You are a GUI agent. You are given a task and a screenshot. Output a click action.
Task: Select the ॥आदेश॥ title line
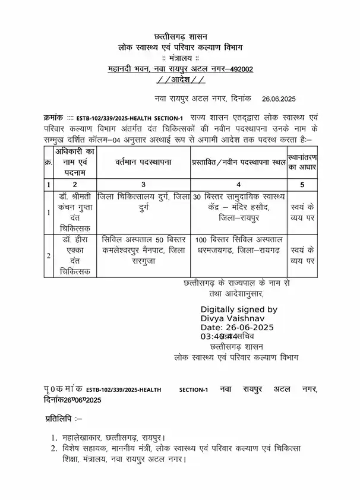tap(181, 80)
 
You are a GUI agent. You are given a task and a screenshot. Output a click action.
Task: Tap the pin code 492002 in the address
tap(239, 69)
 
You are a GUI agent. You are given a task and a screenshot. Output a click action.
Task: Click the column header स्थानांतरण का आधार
tap(302, 162)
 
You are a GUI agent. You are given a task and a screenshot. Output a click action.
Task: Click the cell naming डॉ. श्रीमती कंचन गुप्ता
tap(75, 211)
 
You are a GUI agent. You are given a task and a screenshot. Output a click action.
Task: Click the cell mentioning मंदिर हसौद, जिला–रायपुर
tap(238, 206)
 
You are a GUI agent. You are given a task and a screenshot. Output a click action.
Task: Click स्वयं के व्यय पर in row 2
tap(302, 255)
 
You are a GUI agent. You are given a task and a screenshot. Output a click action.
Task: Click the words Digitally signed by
tap(239, 309)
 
